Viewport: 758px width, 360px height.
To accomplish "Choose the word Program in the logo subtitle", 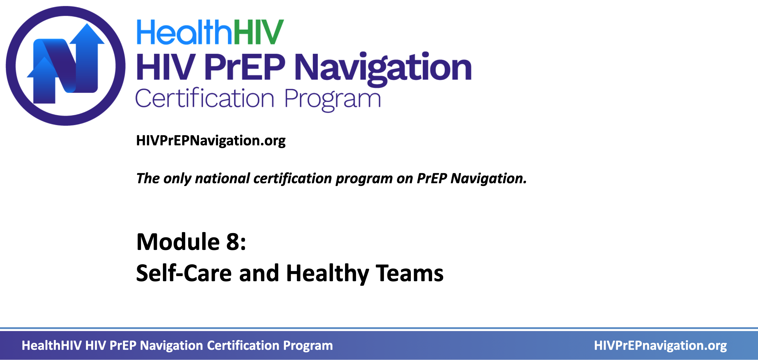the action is pyautogui.click(x=332, y=100).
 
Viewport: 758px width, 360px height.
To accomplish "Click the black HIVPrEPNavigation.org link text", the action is pyautogui.click(x=211, y=141).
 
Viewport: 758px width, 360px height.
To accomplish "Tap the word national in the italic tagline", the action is pyautogui.click(x=222, y=178).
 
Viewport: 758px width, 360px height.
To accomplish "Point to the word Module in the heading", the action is pyautogui.click(x=178, y=242).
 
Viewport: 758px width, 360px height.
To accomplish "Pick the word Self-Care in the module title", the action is pyautogui.click(x=184, y=273).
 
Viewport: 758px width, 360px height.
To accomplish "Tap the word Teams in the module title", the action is pyautogui.click(x=410, y=273).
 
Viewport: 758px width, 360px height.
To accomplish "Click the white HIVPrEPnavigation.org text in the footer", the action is pyautogui.click(x=660, y=346).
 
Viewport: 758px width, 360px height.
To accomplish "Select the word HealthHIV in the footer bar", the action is pyautogui.click(x=52, y=345).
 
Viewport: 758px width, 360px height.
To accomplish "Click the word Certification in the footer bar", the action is pyautogui.click(x=243, y=345).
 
